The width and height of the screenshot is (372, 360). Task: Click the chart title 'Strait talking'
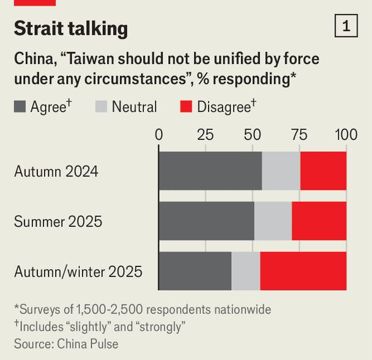click(x=71, y=28)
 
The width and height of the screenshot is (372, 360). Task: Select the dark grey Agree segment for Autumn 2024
click(x=210, y=171)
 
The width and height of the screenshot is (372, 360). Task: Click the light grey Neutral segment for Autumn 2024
click(x=281, y=171)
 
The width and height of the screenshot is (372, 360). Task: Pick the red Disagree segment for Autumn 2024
click(x=323, y=171)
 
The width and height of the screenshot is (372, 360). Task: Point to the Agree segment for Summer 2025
click(x=206, y=221)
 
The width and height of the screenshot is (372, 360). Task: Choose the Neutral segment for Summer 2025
click(x=273, y=221)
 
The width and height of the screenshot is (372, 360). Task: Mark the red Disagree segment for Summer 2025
click(x=319, y=221)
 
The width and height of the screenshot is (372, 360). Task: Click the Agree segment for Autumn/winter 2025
click(x=195, y=271)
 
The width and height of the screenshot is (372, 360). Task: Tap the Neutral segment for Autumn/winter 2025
click(x=246, y=271)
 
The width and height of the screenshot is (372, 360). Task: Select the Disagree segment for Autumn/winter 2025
click(x=303, y=271)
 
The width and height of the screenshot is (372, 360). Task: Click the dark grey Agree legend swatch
click(x=20, y=108)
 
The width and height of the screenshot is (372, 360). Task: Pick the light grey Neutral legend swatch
click(x=101, y=108)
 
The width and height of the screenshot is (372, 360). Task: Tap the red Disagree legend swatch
click(x=186, y=108)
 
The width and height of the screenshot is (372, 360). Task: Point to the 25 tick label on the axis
click(x=206, y=134)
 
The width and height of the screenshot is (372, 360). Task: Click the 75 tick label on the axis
click(x=299, y=134)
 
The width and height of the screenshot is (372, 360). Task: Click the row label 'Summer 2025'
click(x=58, y=221)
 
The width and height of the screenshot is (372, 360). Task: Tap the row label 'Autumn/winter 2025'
click(x=78, y=271)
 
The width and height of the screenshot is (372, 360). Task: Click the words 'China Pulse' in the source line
click(x=87, y=343)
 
